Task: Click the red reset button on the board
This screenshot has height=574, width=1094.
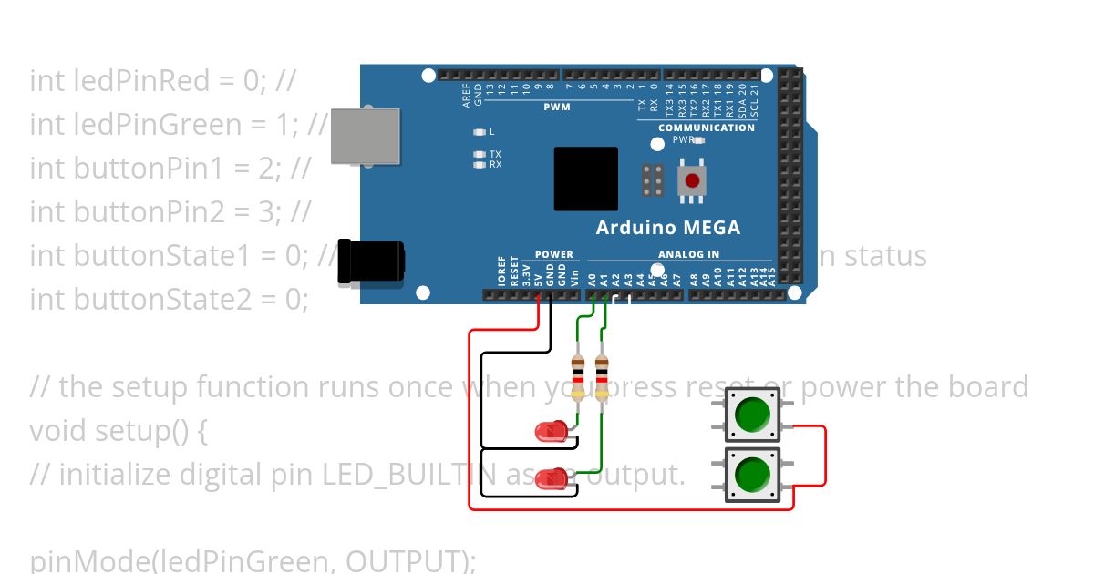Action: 693,180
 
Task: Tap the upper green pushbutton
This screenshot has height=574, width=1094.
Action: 752,415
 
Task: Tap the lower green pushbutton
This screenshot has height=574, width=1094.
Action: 752,474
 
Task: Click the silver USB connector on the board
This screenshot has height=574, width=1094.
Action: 365,131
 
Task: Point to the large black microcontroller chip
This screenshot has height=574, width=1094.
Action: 585,179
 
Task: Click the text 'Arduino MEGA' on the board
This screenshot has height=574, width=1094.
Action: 667,228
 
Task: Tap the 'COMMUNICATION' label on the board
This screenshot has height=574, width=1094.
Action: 707,128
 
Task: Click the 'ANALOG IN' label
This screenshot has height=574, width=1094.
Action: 688,254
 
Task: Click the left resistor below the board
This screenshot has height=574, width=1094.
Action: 578,374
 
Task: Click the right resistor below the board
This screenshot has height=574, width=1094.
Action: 602,374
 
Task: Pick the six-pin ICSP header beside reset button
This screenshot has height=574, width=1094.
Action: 653,180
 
